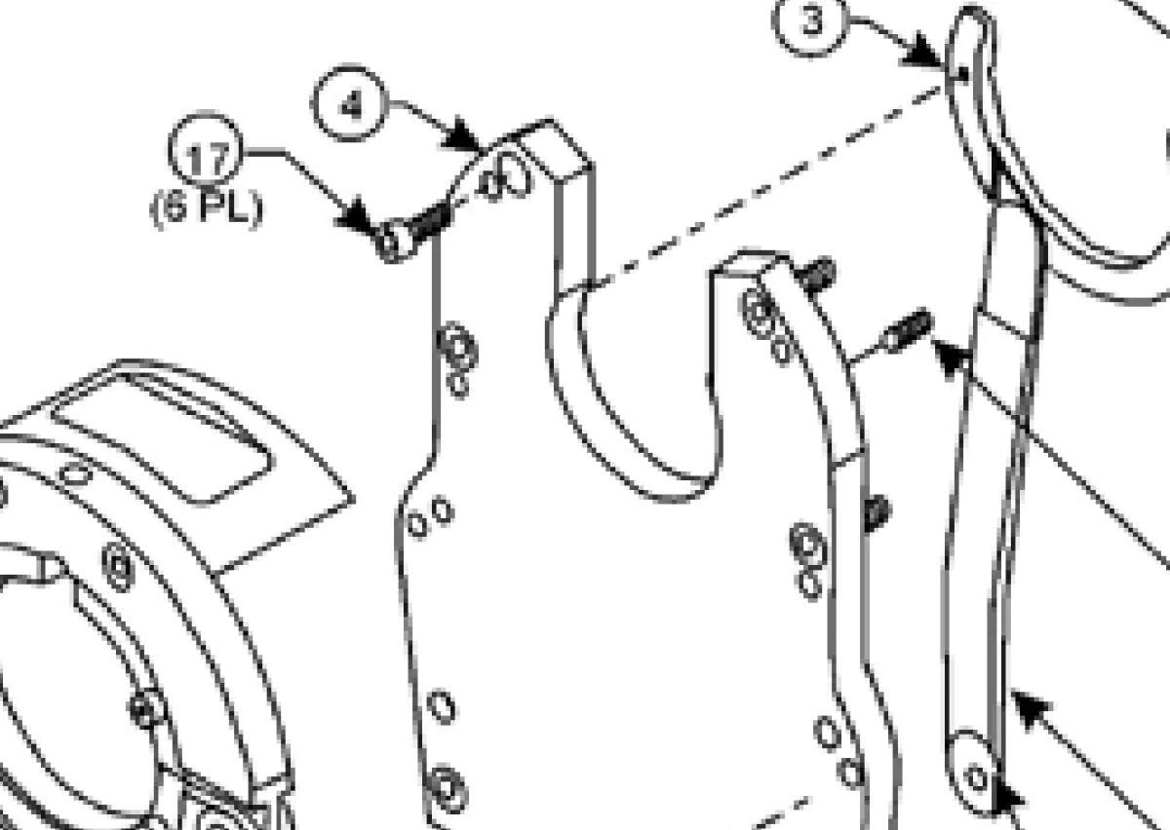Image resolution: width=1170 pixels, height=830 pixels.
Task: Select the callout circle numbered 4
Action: (x=349, y=103)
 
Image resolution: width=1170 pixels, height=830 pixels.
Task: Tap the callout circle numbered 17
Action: (x=206, y=150)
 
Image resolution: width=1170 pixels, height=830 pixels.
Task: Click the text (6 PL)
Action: (x=207, y=209)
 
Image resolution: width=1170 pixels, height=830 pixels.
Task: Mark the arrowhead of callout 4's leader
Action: (x=462, y=135)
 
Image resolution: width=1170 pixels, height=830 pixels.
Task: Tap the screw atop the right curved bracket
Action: (x=815, y=275)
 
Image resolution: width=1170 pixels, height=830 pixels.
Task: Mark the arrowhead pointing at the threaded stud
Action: (x=952, y=356)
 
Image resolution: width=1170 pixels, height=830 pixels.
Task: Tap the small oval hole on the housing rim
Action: (x=76, y=473)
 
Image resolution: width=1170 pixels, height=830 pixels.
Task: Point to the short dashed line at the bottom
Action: (x=774, y=814)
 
